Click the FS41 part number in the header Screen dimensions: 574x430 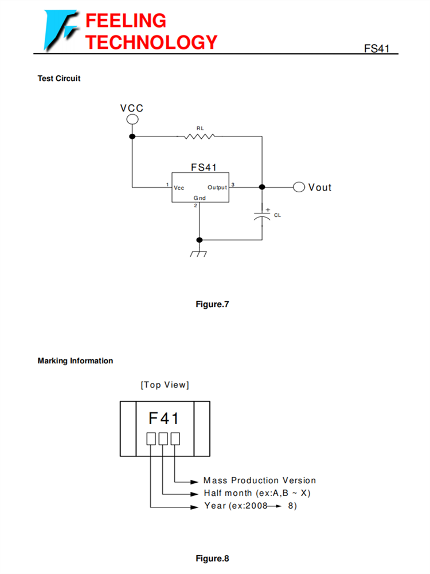[x=376, y=49]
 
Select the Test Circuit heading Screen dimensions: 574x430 [x=59, y=79]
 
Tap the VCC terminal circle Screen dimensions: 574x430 [x=132, y=119]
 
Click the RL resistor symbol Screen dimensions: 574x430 [x=200, y=136]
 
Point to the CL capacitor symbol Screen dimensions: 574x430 [x=262, y=215]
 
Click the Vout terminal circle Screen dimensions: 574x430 [x=299, y=187]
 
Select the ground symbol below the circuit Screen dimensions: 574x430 [x=199, y=253]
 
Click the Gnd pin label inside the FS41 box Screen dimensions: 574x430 [x=199, y=197]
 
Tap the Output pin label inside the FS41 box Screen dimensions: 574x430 [x=217, y=188]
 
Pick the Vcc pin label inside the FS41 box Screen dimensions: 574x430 [x=179, y=188]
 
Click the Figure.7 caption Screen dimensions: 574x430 [x=212, y=304]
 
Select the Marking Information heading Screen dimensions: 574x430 [x=75, y=361]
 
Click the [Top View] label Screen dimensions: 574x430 [x=165, y=385]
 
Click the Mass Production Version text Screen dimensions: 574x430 [x=259, y=480]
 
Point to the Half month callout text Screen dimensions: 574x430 [x=257, y=493]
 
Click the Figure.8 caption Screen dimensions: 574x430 [x=212, y=559]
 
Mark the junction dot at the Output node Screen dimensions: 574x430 [x=262, y=187]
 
